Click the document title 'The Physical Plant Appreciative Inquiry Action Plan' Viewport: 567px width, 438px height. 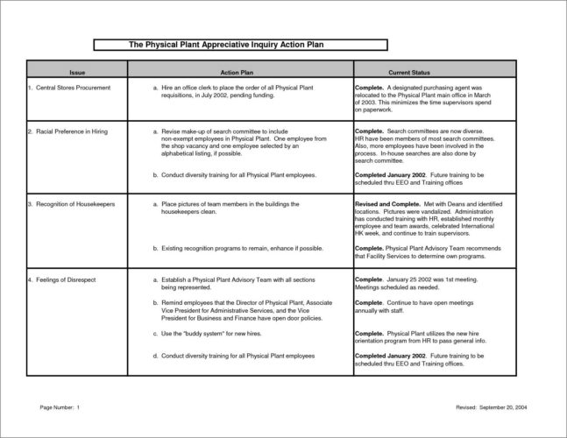pyautogui.click(x=239, y=44)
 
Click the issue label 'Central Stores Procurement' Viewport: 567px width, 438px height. pyautogui.click(x=69, y=88)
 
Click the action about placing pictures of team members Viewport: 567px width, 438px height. pyautogui.click(x=232, y=208)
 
